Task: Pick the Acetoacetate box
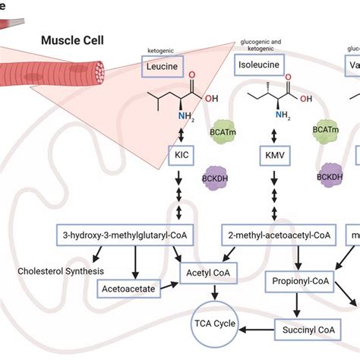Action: (x=128, y=288)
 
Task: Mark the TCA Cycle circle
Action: (x=217, y=327)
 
